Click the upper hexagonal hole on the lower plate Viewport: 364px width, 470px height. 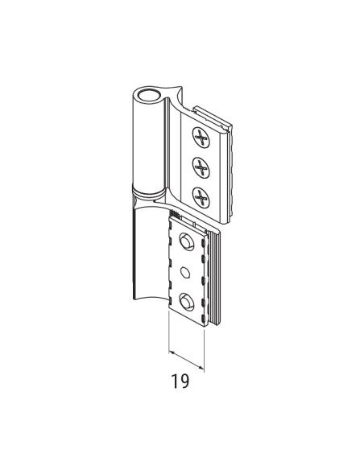[x=187, y=241]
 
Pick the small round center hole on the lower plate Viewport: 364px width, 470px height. [x=187, y=271]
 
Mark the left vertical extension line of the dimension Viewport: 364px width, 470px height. [x=168, y=334]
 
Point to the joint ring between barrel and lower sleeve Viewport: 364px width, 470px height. [x=147, y=196]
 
